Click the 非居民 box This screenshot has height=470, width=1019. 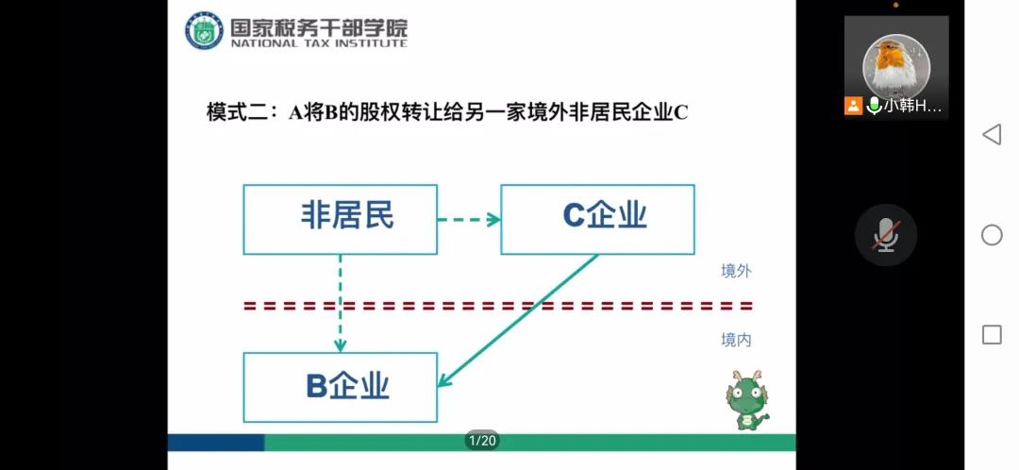pos(340,219)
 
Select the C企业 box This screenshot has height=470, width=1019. pos(597,219)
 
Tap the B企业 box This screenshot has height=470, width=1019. pos(340,387)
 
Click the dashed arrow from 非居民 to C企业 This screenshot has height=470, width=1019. pos(469,220)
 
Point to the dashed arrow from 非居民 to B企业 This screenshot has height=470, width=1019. pos(340,302)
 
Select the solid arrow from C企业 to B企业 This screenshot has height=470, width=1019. pos(519,320)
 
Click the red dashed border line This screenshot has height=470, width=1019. pos(498,306)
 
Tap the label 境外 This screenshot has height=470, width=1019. pos(736,271)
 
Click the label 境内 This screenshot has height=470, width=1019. pos(736,340)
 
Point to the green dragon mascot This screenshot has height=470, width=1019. pos(748,400)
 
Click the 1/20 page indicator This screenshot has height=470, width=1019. pos(481,441)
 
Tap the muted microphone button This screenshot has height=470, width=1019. pos(885,235)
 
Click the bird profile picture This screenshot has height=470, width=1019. pos(896,63)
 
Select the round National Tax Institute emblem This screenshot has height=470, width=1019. pos(203,30)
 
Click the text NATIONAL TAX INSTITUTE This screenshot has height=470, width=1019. pos(319,43)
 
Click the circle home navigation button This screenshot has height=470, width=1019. pos(992,235)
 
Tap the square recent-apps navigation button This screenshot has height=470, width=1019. pos(992,334)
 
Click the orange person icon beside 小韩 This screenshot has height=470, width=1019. pos(854,106)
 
